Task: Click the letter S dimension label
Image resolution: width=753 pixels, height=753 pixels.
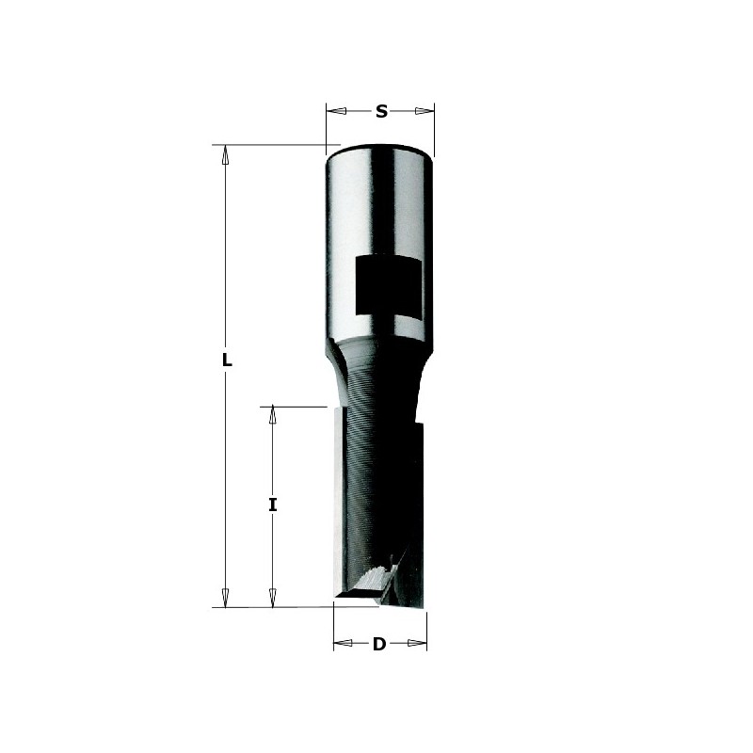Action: coord(381,111)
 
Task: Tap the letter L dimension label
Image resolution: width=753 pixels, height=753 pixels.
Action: coord(227,360)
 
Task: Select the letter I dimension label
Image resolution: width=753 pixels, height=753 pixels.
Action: coord(273,505)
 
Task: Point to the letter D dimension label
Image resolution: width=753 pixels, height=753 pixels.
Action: coord(379,645)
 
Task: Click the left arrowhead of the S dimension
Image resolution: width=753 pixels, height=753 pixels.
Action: coord(332,111)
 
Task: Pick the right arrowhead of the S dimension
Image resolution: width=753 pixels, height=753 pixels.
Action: coord(428,111)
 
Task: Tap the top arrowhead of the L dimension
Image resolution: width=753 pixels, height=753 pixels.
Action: coord(226,154)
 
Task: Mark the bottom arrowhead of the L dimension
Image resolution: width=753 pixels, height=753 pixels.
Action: coord(226,598)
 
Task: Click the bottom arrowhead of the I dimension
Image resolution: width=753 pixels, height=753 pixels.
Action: coord(273,598)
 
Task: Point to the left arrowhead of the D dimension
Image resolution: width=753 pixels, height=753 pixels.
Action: coord(341,645)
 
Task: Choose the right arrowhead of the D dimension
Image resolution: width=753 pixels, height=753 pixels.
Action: coord(420,645)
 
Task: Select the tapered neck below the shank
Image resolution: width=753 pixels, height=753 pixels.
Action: coord(376,372)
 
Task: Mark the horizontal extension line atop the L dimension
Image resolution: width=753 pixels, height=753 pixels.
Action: coord(273,145)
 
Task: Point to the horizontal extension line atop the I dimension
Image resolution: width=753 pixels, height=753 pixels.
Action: coord(292,407)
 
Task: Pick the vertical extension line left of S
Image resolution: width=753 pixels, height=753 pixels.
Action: coord(326,127)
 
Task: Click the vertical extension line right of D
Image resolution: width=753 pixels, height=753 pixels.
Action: coord(427,629)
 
